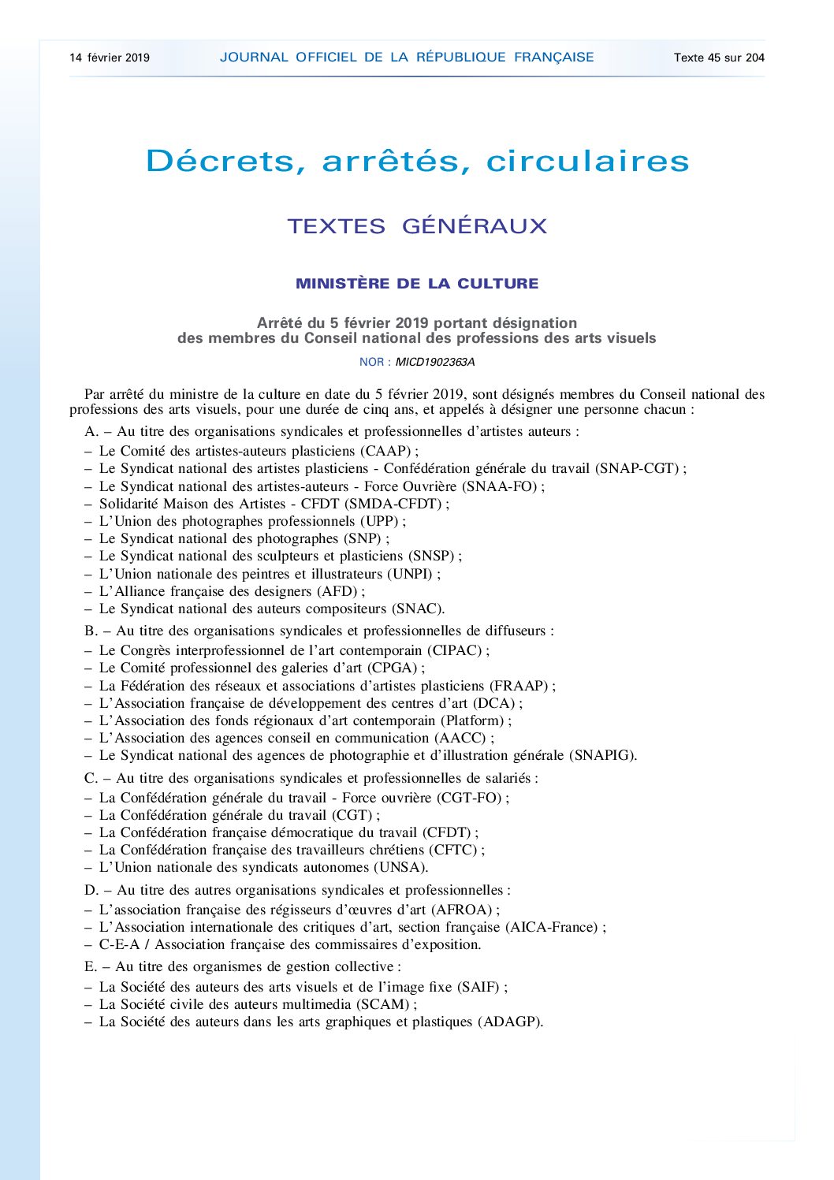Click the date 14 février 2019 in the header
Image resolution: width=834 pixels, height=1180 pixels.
pos(110,58)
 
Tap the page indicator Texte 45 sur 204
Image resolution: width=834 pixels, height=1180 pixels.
pos(719,58)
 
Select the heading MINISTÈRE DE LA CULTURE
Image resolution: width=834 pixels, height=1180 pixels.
pos(417,284)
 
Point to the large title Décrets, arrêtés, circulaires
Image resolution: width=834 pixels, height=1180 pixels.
pos(417,162)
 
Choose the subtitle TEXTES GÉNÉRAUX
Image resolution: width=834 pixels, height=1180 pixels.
pos(417,226)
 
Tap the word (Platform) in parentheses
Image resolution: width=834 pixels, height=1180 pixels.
pos(472,721)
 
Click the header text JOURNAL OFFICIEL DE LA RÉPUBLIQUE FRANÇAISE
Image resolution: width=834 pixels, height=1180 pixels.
pos(407,58)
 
